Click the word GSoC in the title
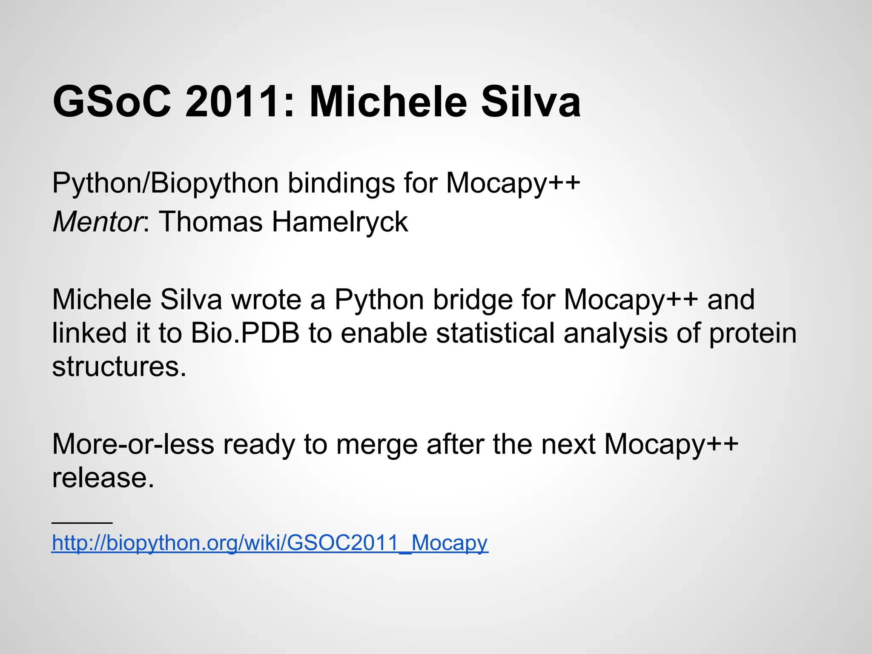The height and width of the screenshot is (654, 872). point(112,102)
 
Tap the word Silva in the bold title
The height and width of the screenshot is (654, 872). point(531,102)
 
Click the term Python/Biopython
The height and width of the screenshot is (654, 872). point(165,184)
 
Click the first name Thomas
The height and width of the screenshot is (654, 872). point(211,222)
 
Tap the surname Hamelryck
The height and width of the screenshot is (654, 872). point(340,222)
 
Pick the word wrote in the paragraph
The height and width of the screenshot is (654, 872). point(267,299)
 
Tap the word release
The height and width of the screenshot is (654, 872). point(103,477)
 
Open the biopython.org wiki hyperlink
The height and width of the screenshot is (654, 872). point(270,543)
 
